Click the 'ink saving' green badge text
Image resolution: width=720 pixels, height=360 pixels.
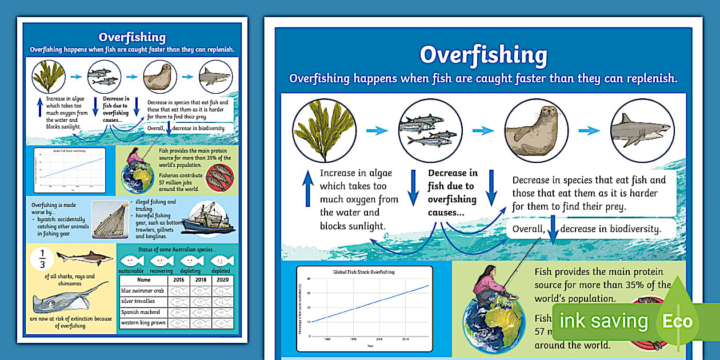(x=603, y=321)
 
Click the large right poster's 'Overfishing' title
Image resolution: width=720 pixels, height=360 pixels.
(x=483, y=55)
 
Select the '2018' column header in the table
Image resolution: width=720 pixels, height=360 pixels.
(x=200, y=280)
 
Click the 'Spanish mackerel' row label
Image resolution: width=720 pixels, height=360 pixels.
(x=140, y=313)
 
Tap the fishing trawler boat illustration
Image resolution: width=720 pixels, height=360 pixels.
(x=208, y=218)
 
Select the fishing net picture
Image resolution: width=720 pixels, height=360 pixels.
(x=109, y=219)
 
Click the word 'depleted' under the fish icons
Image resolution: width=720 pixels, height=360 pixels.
(x=221, y=271)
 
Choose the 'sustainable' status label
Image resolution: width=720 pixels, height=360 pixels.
(x=131, y=271)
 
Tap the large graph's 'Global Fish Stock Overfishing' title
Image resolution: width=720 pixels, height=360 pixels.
(x=363, y=272)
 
